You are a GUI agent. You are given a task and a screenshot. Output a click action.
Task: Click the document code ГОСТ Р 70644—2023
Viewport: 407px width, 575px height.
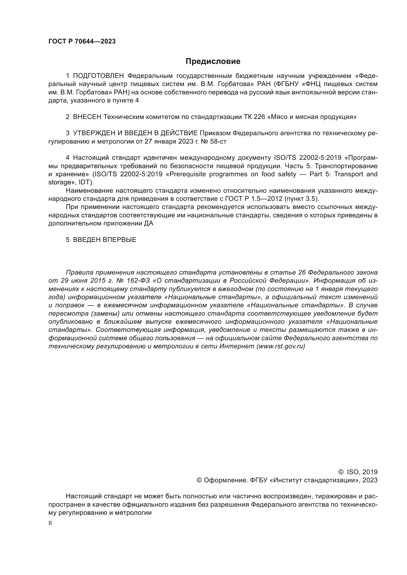82,42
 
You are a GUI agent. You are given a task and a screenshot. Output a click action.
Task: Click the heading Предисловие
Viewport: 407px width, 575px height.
213,61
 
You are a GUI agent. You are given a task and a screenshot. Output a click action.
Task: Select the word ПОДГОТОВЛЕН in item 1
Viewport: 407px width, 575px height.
98,76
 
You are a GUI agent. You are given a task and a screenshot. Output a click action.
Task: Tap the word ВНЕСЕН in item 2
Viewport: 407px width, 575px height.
87,117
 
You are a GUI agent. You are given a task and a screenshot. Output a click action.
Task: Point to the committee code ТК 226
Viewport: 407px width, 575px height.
254,117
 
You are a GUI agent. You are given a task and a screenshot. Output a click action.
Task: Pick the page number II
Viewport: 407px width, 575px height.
50,523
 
